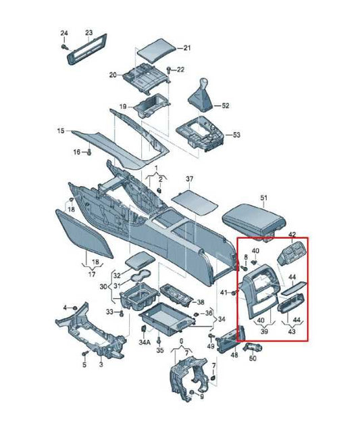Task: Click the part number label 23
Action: pyautogui.click(x=89, y=32)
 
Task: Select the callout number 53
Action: pyautogui.click(x=236, y=135)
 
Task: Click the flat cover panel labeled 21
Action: pyautogui.click(x=156, y=51)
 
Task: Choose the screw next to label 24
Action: pyautogui.click(x=64, y=47)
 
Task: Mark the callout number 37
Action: pyautogui.click(x=190, y=179)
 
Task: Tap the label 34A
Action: pyautogui.click(x=145, y=342)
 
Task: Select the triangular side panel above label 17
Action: pyautogui.click(x=84, y=234)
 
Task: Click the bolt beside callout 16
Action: pyautogui.click(x=88, y=152)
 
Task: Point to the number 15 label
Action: pyautogui.click(x=61, y=130)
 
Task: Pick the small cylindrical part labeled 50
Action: pyautogui.click(x=253, y=347)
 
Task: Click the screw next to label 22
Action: pyautogui.click(x=168, y=70)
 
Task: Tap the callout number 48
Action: pyautogui.click(x=234, y=355)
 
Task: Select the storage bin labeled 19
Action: pyautogui.click(x=151, y=105)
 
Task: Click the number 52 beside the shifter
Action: pyautogui.click(x=226, y=105)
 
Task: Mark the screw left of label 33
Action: pyautogui.click(x=122, y=313)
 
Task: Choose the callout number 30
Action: pyautogui.click(x=103, y=287)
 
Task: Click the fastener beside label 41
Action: pyautogui.click(x=234, y=293)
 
